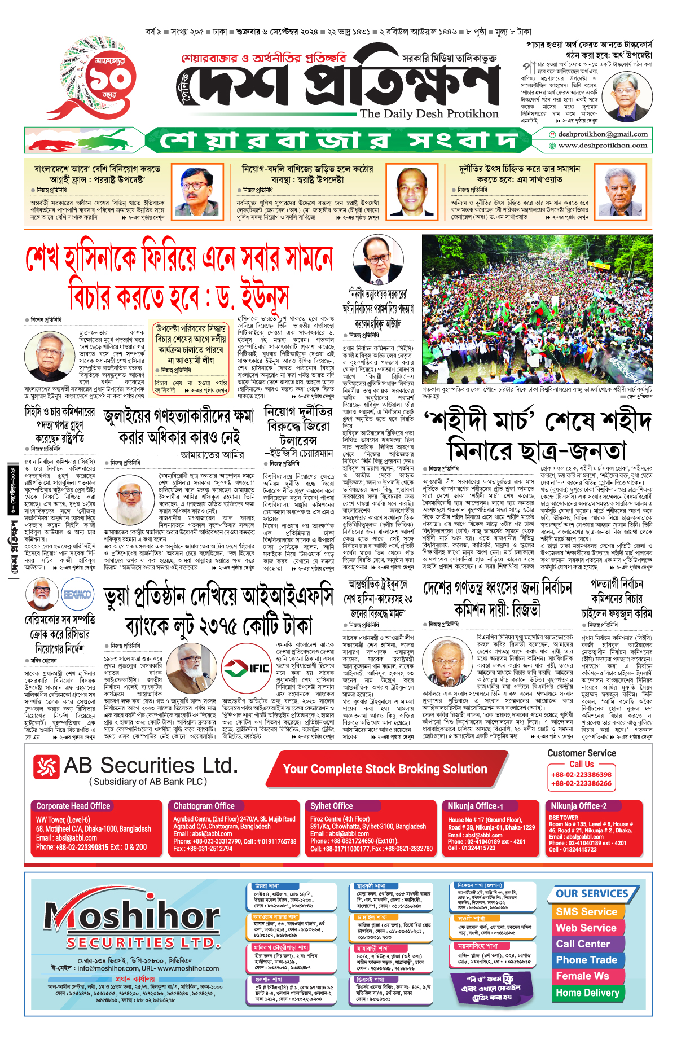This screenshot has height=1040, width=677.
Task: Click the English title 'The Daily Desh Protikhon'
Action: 429,113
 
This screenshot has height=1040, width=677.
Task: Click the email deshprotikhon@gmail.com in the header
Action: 603,134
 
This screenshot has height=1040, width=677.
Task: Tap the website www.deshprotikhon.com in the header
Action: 603,146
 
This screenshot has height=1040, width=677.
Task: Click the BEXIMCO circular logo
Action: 77,594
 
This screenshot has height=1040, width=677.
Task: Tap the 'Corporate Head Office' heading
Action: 73,806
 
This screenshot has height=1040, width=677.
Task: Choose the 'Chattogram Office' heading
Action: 204,806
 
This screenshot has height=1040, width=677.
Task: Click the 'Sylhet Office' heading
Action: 331,806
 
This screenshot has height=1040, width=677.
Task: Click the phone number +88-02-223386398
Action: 581,775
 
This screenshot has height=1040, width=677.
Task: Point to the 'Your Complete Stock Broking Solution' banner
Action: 385,769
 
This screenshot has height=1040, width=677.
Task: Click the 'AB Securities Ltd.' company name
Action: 150,766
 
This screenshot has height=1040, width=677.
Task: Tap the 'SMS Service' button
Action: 586,912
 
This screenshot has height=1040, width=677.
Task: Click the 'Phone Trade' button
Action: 586,960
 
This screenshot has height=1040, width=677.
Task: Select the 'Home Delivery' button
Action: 587,993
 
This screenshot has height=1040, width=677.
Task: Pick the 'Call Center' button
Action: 583,944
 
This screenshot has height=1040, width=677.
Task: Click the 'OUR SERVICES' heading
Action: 591,894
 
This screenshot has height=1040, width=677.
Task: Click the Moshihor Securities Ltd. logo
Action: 133,925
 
